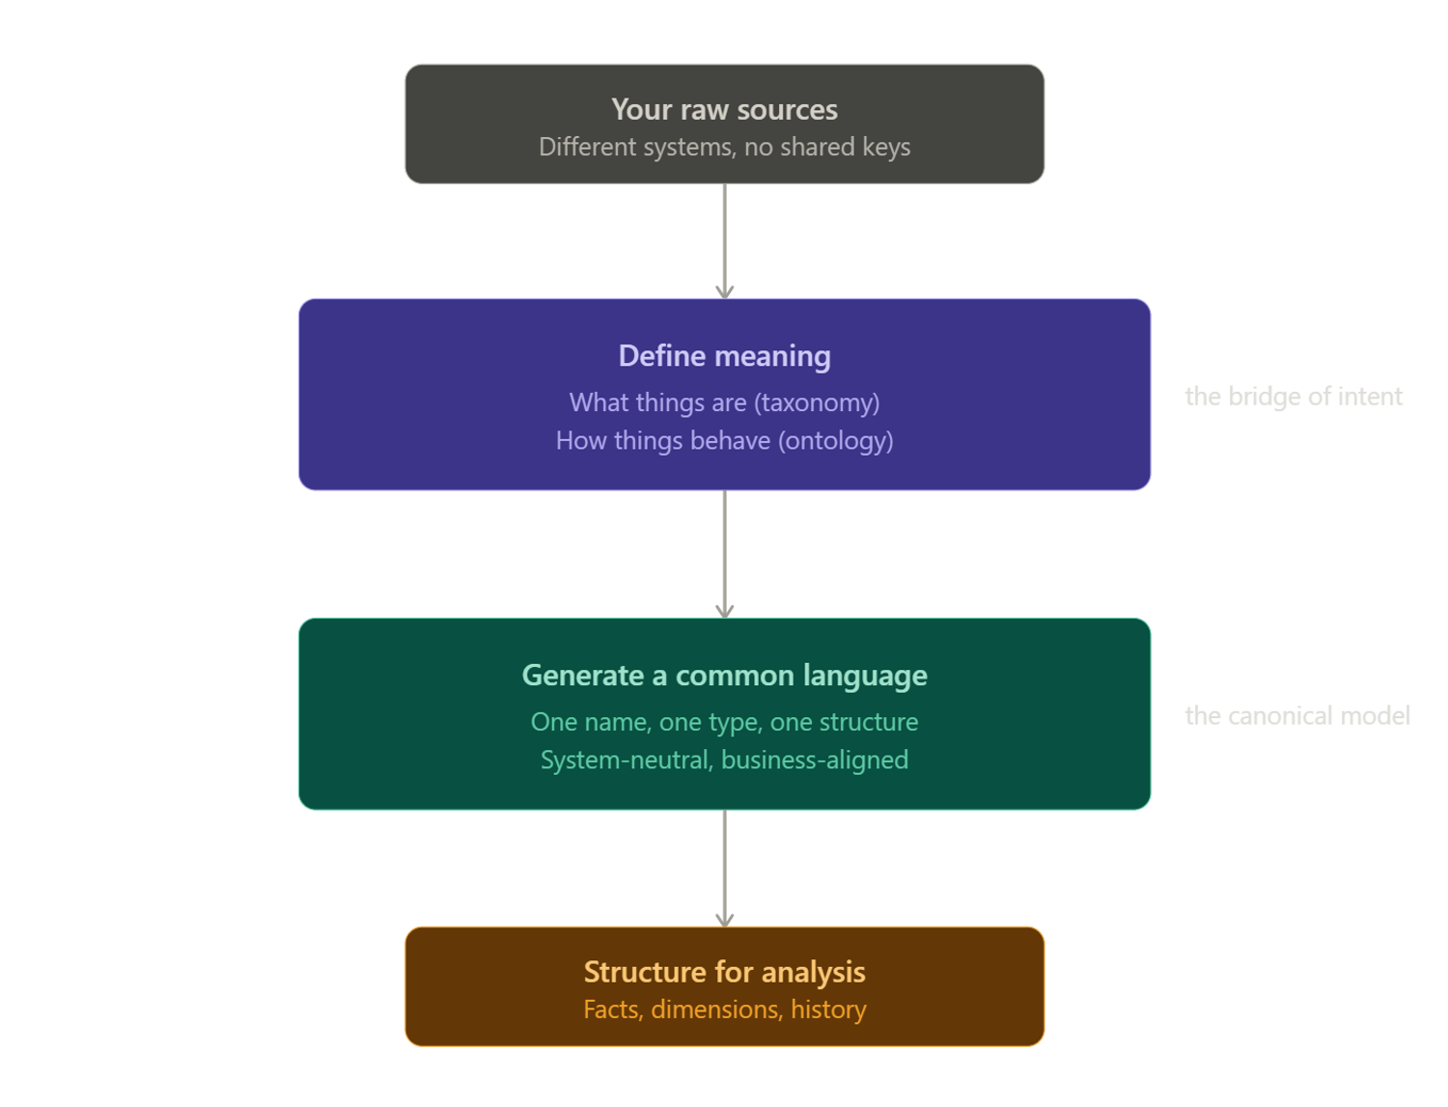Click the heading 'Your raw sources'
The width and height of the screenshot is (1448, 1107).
click(724, 110)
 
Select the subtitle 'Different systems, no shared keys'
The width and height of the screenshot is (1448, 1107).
click(724, 147)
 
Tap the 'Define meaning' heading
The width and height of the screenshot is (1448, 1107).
click(724, 356)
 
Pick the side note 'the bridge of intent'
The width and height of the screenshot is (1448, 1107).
click(1294, 397)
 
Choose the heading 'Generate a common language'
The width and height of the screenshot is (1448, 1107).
click(724, 676)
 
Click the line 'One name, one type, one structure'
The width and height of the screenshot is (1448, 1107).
click(724, 722)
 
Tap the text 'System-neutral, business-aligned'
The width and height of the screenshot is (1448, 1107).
click(724, 761)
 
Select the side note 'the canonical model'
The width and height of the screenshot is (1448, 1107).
click(1297, 716)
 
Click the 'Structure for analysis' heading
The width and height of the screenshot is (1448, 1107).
click(724, 972)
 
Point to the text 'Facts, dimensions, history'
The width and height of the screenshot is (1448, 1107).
click(724, 1010)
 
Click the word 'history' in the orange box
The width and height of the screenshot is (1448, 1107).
click(828, 1010)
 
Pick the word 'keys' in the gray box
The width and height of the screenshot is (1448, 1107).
click(886, 147)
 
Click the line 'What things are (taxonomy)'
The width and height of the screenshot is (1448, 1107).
click(724, 402)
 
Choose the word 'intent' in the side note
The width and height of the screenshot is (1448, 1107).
click(1370, 397)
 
